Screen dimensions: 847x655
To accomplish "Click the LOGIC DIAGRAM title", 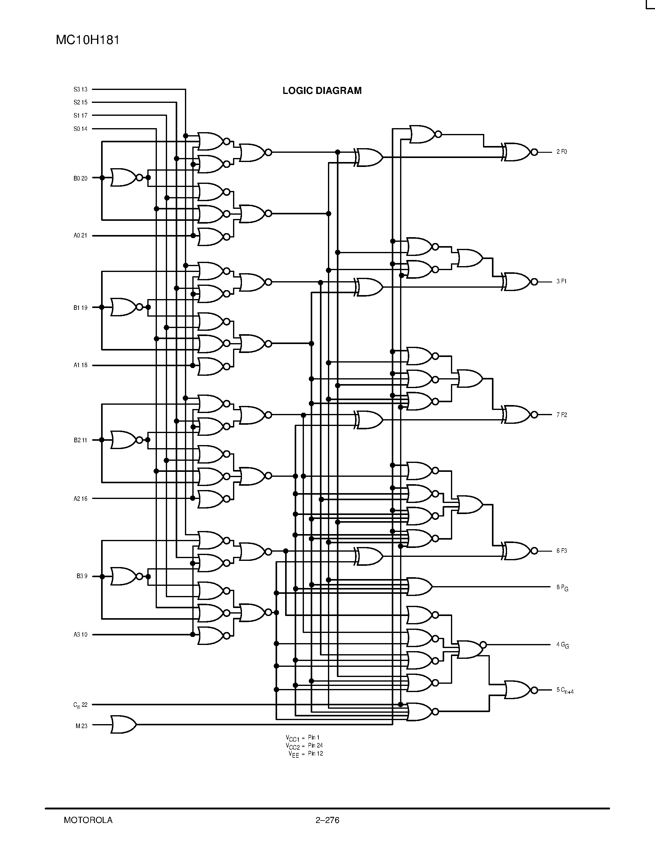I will [322, 91].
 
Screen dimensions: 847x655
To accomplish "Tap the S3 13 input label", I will [80, 90].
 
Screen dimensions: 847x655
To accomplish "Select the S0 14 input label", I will [80, 129].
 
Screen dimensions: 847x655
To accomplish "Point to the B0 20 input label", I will [80, 178].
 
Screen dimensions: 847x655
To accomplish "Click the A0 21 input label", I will [80, 235].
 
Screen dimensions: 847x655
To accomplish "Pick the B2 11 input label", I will [80, 440].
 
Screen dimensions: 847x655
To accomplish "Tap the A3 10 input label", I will [80, 634].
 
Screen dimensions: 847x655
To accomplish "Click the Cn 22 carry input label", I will [80, 705].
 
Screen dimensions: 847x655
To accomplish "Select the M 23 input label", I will [81, 726].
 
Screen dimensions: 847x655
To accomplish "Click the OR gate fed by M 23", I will [123, 724].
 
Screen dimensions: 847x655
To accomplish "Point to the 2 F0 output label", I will [562, 152].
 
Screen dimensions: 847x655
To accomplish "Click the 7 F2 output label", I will [562, 415].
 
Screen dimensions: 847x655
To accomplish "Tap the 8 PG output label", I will [562, 588].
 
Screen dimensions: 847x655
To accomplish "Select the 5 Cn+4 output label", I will [565, 690].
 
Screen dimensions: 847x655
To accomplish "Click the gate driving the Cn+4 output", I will [518, 690].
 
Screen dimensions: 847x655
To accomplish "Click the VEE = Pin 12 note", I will [305, 754].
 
